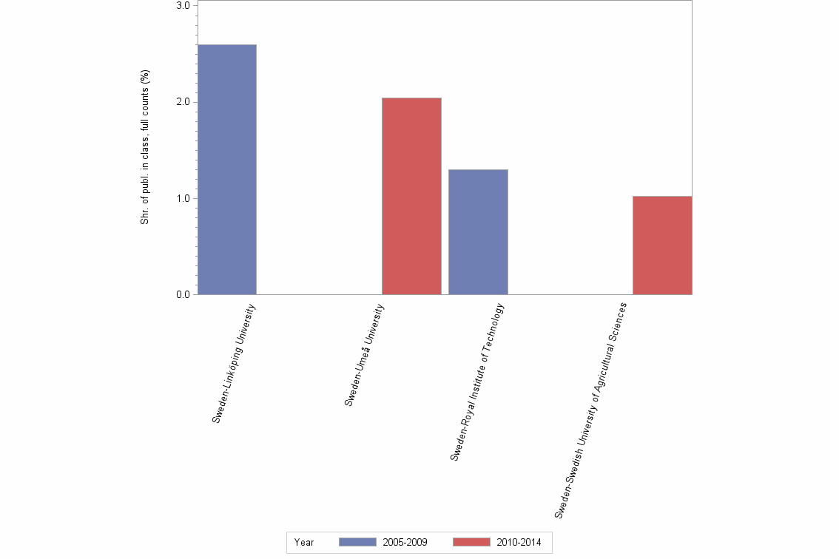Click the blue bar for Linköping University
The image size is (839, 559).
[x=226, y=169]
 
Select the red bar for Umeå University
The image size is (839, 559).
[x=411, y=196]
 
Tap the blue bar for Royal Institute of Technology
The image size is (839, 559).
[x=478, y=231]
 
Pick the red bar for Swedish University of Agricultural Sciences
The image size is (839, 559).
[x=662, y=245]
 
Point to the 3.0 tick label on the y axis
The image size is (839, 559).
[x=182, y=6]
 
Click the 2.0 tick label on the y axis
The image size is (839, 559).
[x=182, y=102]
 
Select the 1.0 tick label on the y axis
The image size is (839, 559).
[x=182, y=198]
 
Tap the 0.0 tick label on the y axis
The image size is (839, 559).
[x=182, y=295]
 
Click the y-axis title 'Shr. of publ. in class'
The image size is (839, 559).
[x=146, y=147]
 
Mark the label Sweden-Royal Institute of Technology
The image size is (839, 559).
[x=477, y=382]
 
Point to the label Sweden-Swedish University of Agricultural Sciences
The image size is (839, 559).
[x=590, y=409]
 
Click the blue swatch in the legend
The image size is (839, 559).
[x=357, y=542]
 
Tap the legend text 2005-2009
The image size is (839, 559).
[x=405, y=543]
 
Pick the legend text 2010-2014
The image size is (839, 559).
[x=519, y=543]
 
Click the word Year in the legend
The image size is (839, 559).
[x=304, y=543]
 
